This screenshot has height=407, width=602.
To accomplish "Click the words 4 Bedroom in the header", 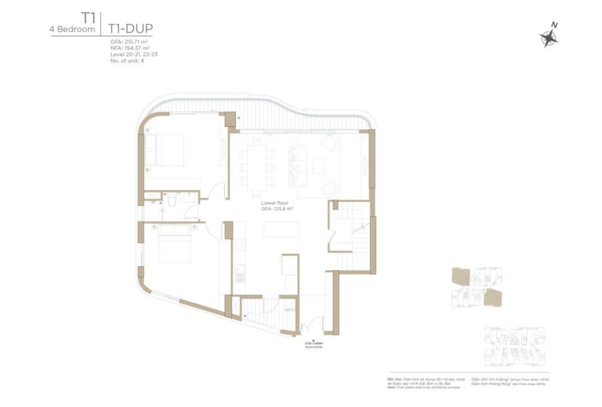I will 73,29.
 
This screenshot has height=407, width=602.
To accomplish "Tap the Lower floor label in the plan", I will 275,203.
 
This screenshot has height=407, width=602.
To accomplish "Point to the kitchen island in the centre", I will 277,228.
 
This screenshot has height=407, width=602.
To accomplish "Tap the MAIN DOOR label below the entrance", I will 314,347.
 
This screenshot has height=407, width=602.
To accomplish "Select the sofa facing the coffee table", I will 296,164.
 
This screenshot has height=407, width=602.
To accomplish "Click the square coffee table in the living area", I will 318,166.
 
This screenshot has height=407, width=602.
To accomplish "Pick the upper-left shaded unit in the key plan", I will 460,277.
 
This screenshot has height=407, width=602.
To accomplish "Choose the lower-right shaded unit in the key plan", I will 493,298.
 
